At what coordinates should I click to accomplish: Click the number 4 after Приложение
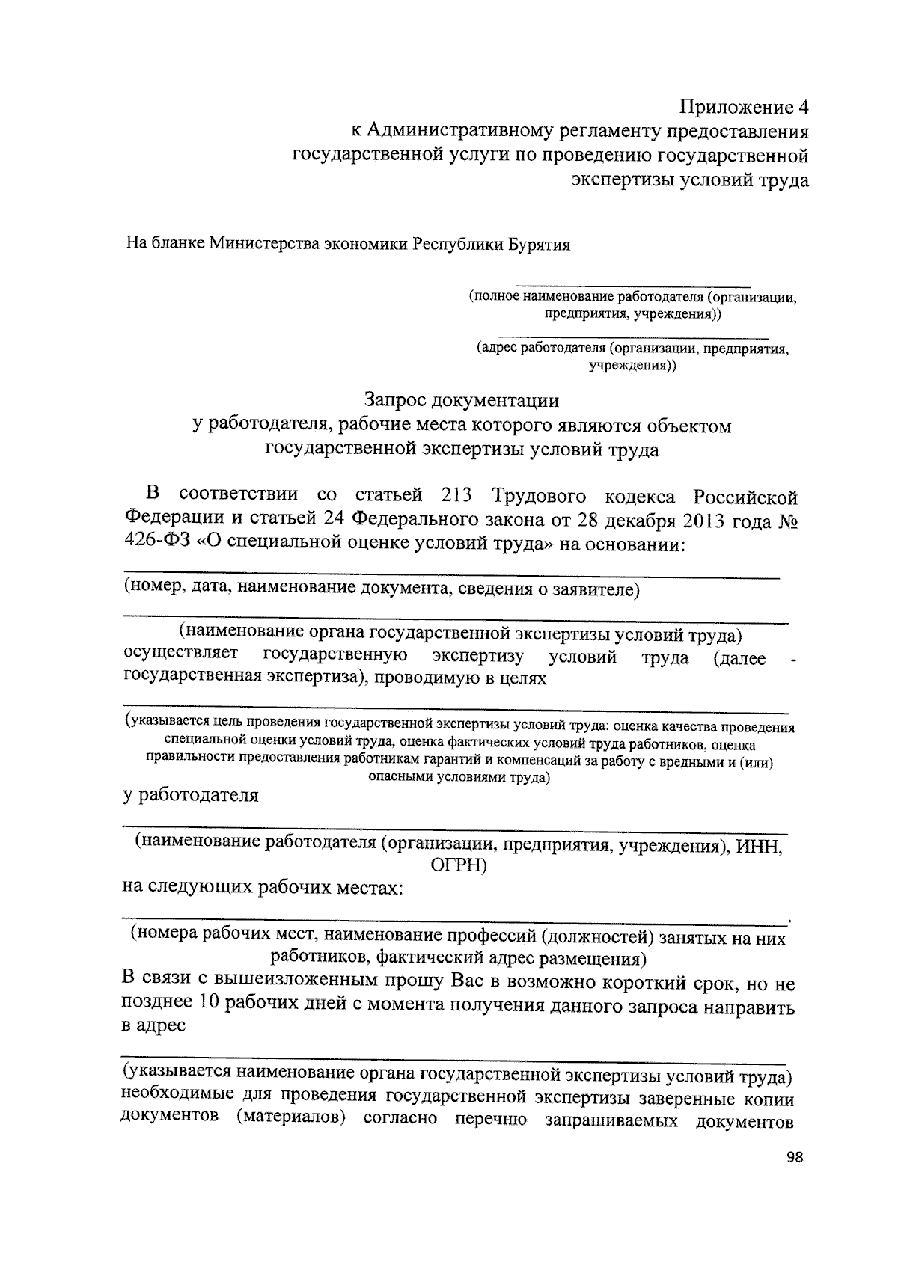[x=803, y=106]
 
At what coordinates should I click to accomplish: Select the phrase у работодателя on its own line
[x=191, y=795]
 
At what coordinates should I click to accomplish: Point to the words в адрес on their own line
[x=153, y=1025]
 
